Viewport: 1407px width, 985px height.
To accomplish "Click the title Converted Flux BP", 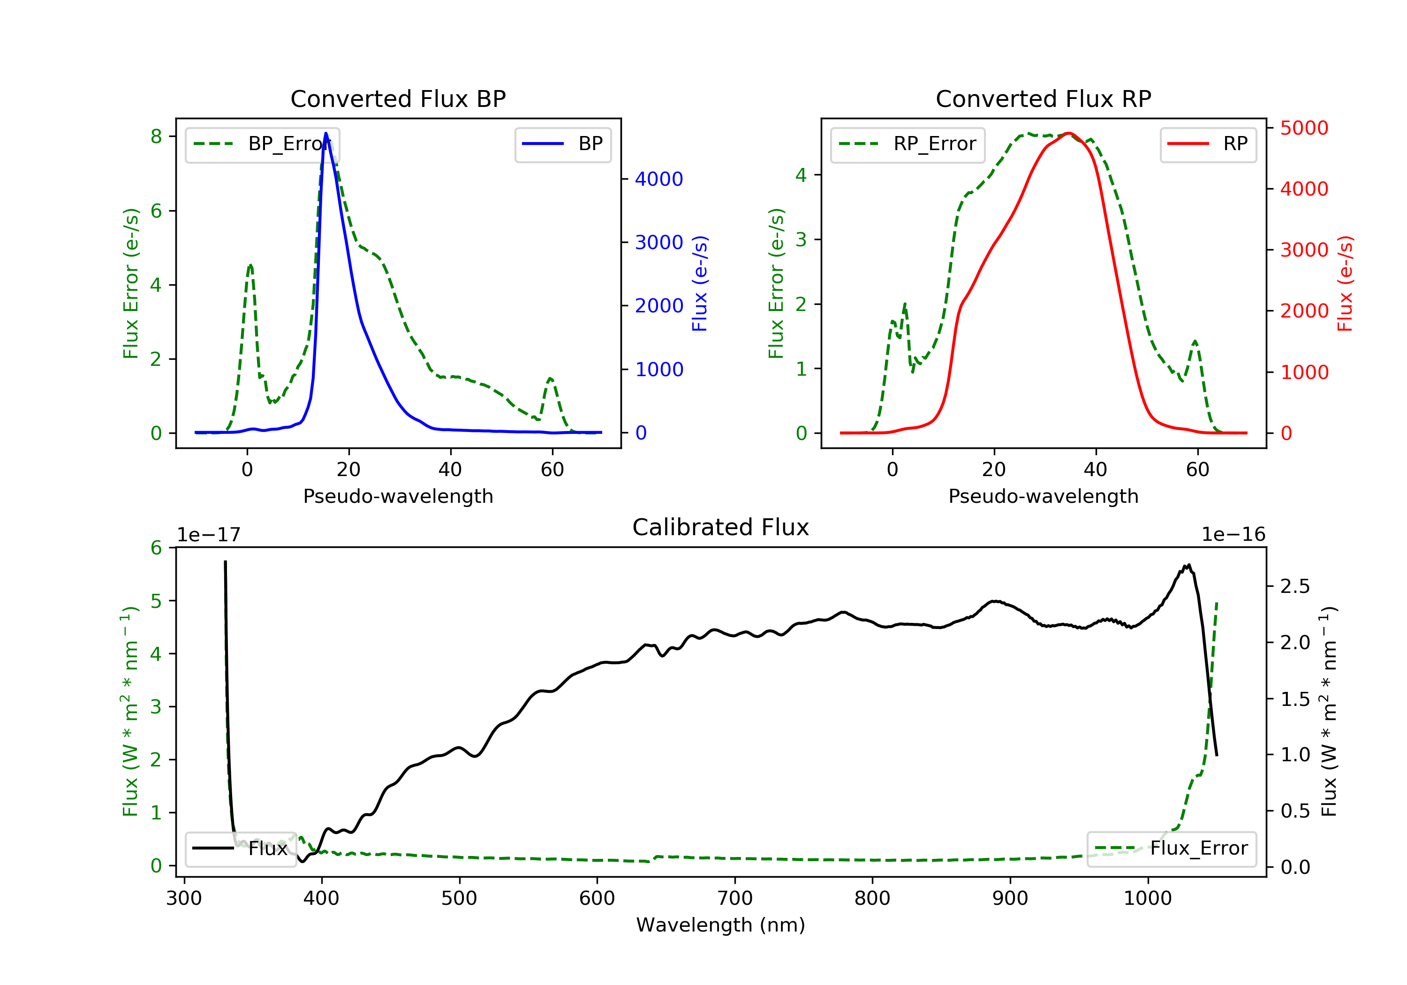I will pos(398,98).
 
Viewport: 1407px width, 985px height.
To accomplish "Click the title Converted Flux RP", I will pos(1043,98).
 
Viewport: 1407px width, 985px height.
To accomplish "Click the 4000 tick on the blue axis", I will pos(659,179).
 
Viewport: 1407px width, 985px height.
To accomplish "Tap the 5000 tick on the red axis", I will pos(1304,128).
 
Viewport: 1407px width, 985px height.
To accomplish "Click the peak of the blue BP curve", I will pos(326,133).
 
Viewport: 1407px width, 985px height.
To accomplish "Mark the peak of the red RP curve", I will pos(1068,133).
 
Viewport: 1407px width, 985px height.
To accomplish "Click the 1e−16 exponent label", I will pos(1233,535).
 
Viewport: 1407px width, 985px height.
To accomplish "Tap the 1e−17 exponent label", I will pos(208,535).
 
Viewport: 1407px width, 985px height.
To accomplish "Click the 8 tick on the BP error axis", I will pos(156,136).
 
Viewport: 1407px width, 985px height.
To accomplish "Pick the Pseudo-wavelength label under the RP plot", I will pos(1043,496).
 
